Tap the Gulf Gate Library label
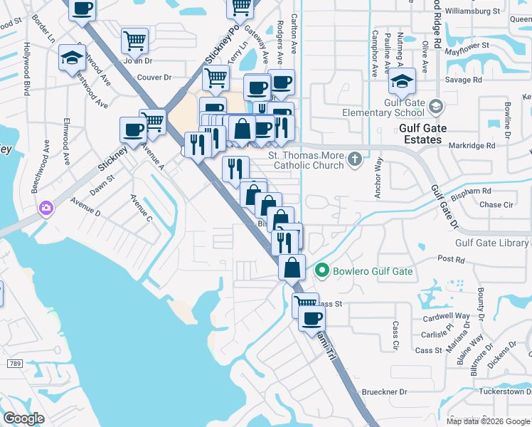click(492, 243)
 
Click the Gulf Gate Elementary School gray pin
click(435, 107)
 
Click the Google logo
click(23, 418)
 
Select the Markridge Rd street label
click(472, 146)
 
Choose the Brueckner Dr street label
click(385, 391)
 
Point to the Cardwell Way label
click(446, 316)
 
